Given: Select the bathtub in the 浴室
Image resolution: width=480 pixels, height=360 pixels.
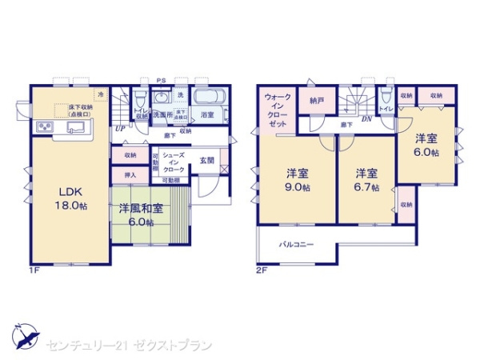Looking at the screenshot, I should pos(212,98).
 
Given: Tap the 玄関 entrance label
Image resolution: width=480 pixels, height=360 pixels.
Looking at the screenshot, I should pos(206,161).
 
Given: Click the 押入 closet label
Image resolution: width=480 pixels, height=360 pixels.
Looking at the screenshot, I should pos(130,174).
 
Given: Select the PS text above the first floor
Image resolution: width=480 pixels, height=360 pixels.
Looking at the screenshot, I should pos(161,80).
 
